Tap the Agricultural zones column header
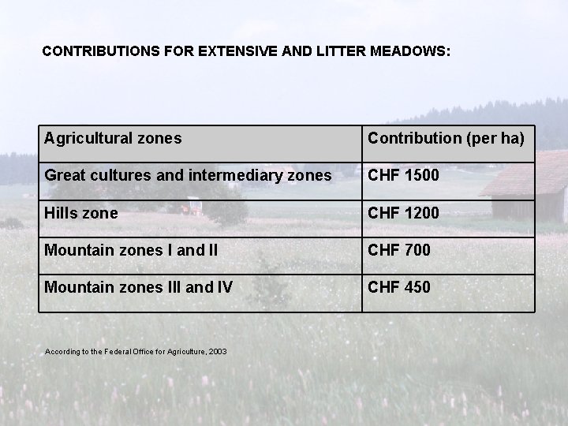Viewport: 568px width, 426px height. (x=113, y=139)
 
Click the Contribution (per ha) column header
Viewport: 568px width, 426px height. (x=446, y=139)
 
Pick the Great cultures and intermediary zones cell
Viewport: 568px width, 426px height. (x=188, y=175)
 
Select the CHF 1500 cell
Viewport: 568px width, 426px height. (x=402, y=175)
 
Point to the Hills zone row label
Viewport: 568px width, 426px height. (x=81, y=213)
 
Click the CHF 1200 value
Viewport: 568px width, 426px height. (x=402, y=213)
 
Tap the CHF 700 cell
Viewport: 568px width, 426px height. (x=398, y=250)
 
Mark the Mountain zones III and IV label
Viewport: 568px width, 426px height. (x=138, y=287)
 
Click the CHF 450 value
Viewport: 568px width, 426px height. (x=398, y=287)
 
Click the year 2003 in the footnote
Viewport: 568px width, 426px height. (x=219, y=350)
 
